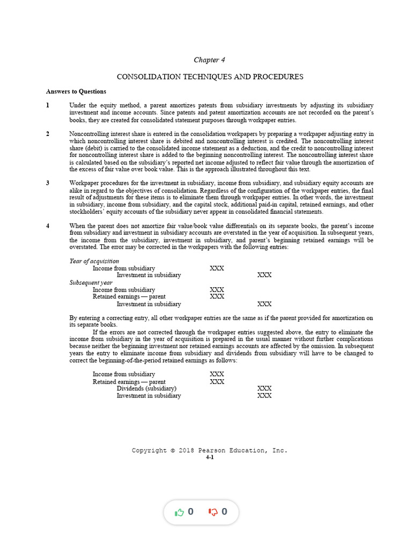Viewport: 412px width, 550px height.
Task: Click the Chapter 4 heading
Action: click(205, 60)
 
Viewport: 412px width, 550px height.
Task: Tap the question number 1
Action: click(48, 105)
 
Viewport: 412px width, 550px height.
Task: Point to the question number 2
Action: click(48, 134)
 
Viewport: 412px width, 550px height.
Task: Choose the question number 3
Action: click(48, 183)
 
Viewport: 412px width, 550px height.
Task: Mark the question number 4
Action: click(48, 226)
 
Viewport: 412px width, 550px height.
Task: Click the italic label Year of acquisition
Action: click(94, 261)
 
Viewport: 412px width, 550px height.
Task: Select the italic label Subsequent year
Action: click(91, 283)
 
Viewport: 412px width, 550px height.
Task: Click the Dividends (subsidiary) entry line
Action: click(146, 388)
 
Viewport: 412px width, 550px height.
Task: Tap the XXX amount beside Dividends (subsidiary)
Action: click(264, 388)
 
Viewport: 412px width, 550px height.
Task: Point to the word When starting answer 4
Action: click(78, 226)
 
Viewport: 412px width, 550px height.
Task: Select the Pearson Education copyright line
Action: click(210, 451)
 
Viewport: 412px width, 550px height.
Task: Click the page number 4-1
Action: click(210, 457)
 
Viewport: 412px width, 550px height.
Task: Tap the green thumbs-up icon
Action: click(179, 512)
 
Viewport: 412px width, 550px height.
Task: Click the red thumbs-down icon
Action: click(213, 512)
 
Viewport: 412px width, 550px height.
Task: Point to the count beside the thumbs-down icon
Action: click(224, 512)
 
